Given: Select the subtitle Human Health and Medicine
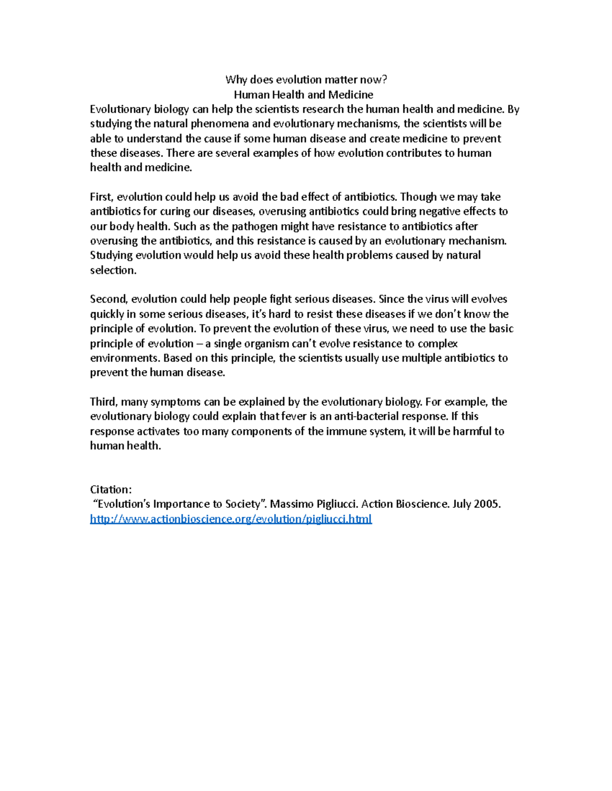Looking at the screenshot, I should coord(303,94).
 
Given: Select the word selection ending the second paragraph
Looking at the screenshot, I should coord(113,270).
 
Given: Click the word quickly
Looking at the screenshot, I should coord(108,314).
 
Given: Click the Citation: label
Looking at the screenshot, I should coord(111,489).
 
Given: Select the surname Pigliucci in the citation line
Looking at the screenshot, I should coord(334,504).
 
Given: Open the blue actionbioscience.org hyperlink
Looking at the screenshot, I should coord(231,519).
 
